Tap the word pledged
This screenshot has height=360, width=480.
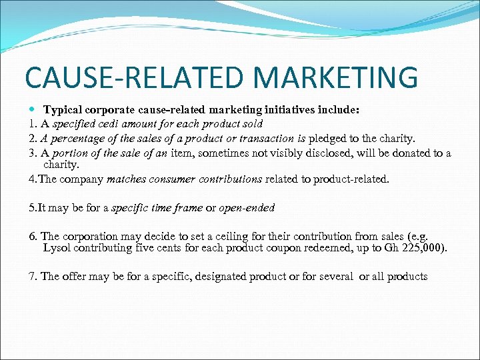pos(327,139)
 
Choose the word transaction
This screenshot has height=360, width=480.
pos(265,139)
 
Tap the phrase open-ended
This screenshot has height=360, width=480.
pos(247,208)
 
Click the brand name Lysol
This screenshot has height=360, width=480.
pos(58,248)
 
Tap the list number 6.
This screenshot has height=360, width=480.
pos(31,237)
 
